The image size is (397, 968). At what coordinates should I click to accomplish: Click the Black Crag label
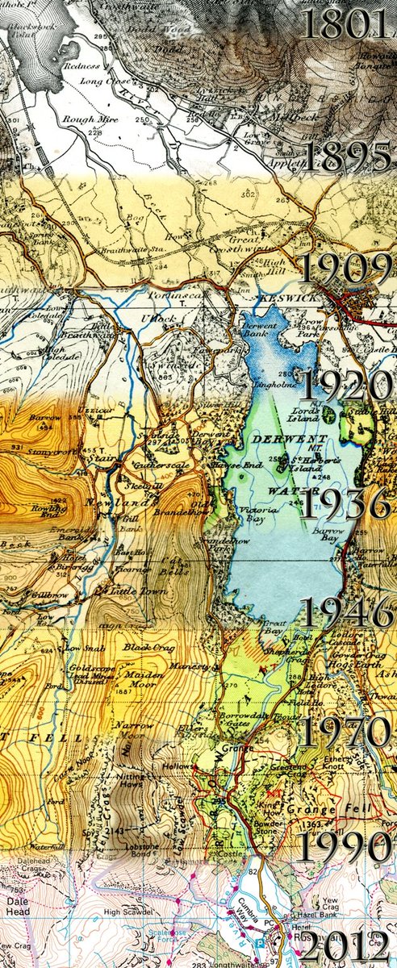[144, 646]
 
